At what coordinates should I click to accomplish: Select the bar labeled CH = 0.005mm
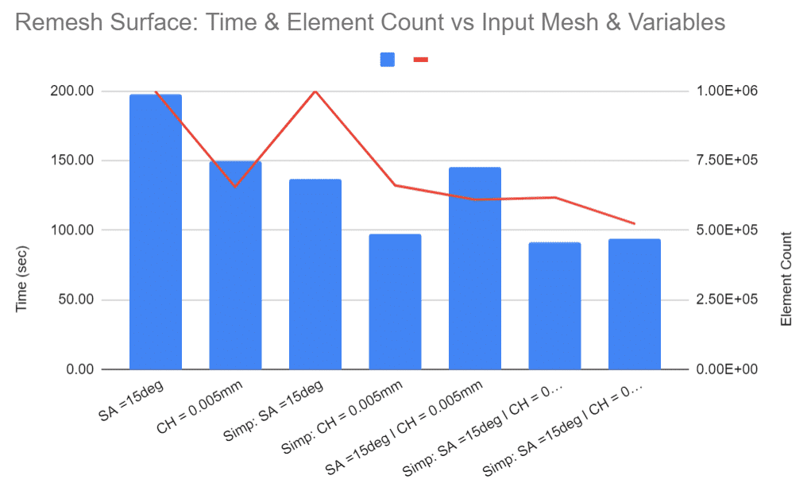[235, 265]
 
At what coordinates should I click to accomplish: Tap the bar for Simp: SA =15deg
[315, 274]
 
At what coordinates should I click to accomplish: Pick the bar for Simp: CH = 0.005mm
[395, 302]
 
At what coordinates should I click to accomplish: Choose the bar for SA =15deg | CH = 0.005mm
[474, 269]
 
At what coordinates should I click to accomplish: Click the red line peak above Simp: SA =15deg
[315, 91]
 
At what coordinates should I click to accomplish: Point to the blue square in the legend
[388, 60]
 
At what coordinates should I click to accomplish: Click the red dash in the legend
[421, 60]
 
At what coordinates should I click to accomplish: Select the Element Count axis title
[786, 279]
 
